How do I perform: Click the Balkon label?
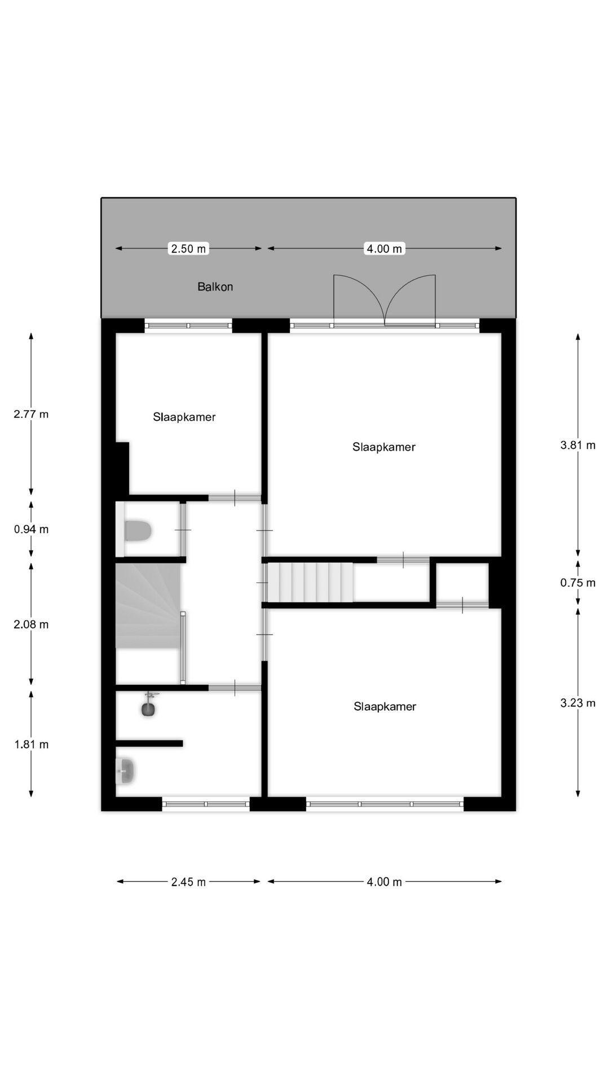coord(215,287)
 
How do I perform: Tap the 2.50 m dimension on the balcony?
coord(188,248)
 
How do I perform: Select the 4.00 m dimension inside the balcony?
coord(385,248)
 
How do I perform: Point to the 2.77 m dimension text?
coord(31,414)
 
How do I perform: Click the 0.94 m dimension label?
coord(31,529)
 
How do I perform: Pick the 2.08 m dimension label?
coord(31,624)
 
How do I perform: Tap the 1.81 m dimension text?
coord(31,745)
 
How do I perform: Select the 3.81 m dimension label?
coord(578,445)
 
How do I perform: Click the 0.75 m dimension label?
coord(578,583)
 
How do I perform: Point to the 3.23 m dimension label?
coord(578,703)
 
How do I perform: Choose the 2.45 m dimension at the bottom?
coord(188,882)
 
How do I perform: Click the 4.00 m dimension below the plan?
coord(385,882)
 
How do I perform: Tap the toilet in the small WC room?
coord(138,531)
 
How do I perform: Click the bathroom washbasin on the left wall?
coord(125,771)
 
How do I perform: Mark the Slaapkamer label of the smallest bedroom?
coord(184,417)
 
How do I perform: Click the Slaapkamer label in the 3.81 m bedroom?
coord(384,447)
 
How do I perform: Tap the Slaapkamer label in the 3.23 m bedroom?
coord(385,707)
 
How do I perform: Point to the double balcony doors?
coord(385,301)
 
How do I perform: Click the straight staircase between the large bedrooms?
coord(310,582)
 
